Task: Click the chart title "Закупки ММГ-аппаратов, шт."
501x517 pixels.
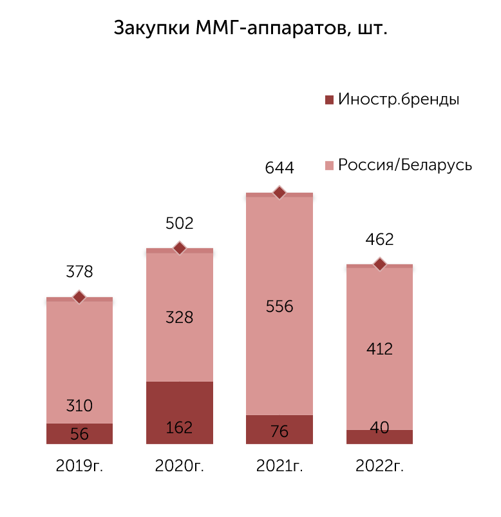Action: pyautogui.click(x=250, y=28)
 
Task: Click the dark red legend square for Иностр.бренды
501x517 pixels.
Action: pyautogui.click(x=329, y=99)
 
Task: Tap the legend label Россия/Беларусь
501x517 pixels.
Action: pyautogui.click(x=405, y=165)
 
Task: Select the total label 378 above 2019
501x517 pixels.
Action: pyautogui.click(x=79, y=271)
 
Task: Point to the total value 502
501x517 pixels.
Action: pyautogui.click(x=180, y=223)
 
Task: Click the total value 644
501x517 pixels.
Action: pyautogui.click(x=279, y=168)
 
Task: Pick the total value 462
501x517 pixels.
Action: pyautogui.click(x=379, y=239)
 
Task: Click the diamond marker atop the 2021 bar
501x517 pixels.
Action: pyautogui.click(x=279, y=193)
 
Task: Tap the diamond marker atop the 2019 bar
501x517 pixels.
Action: pyautogui.click(x=79, y=297)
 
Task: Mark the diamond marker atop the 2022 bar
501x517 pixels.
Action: pyautogui.click(x=380, y=264)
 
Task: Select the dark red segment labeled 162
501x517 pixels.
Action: pyautogui.click(x=180, y=413)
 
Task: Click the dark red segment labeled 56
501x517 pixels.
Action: pyautogui.click(x=79, y=434)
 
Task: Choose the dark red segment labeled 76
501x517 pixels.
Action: pyautogui.click(x=279, y=429)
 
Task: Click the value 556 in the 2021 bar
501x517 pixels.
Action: pyautogui.click(x=279, y=307)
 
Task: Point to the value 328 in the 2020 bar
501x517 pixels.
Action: pyautogui.click(x=180, y=318)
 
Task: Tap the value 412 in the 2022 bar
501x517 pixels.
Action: pyautogui.click(x=379, y=349)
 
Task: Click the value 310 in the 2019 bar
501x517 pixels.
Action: pyautogui.click(x=79, y=405)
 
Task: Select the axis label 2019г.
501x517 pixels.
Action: pyautogui.click(x=79, y=466)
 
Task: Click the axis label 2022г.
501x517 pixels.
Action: pyautogui.click(x=379, y=466)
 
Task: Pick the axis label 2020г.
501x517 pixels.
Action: pyautogui.click(x=180, y=466)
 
